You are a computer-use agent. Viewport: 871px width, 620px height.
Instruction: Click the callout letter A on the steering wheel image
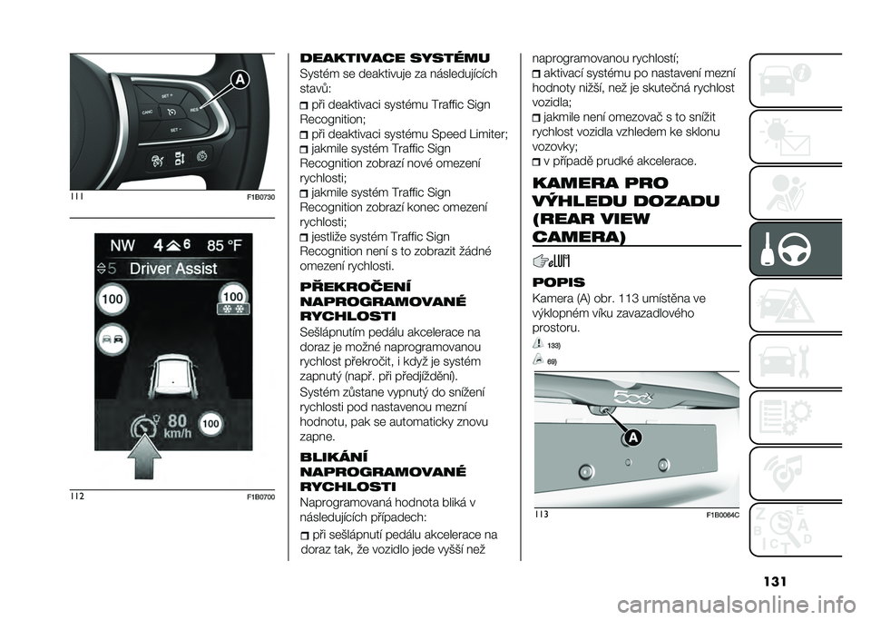(240, 81)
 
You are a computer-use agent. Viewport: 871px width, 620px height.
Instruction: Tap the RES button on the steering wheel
(194, 111)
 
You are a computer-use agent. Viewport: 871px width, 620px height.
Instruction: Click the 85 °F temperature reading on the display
(224, 245)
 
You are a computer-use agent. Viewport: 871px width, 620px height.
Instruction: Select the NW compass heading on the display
(122, 245)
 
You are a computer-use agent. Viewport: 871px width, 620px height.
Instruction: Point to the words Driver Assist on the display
(172, 269)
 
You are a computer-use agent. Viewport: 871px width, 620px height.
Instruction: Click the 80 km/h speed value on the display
(178, 424)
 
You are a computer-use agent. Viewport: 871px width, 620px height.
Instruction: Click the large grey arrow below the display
(144, 457)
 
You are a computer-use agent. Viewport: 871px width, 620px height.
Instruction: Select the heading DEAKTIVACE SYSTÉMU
(395, 58)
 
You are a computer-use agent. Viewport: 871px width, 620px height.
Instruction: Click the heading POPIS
(558, 282)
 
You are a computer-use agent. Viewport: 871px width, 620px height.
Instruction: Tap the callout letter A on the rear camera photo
(632, 438)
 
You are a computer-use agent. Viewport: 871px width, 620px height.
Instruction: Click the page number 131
(774, 582)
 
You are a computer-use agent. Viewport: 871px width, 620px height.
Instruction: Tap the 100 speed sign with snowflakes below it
(233, 301)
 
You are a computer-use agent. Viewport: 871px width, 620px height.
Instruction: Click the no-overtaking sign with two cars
(113, 339)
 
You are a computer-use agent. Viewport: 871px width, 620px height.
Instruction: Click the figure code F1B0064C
(723, 515)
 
